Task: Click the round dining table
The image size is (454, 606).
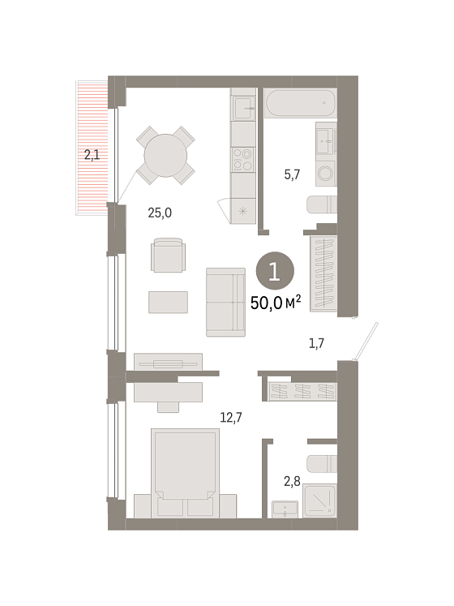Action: (165, 156)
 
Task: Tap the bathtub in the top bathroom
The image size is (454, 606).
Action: (301, 103)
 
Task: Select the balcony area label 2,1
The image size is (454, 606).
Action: (92, 156)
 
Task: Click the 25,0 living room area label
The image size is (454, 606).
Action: (160, 213)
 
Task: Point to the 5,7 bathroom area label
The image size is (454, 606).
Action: (292, 174)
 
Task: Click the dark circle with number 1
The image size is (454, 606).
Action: (275, 271)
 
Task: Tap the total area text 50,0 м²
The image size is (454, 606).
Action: (276, 303)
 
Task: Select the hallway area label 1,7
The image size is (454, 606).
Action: (316, 343)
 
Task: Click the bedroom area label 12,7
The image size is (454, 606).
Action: (231, 418)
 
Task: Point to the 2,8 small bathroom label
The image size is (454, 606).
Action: (292, 481)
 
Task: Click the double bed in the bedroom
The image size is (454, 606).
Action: (185, 473)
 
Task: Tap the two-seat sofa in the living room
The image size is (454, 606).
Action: (225, 303)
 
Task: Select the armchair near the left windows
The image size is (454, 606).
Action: (168, 255)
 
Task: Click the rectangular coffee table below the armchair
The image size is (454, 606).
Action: (168, 303)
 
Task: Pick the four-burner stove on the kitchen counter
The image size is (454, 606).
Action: (242, 160)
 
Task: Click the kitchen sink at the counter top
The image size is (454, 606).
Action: (243, 108)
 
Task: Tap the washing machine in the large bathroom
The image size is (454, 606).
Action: (325, 174)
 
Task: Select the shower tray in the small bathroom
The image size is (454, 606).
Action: (319, 501)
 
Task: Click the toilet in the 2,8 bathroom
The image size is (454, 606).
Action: (322, 464)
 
